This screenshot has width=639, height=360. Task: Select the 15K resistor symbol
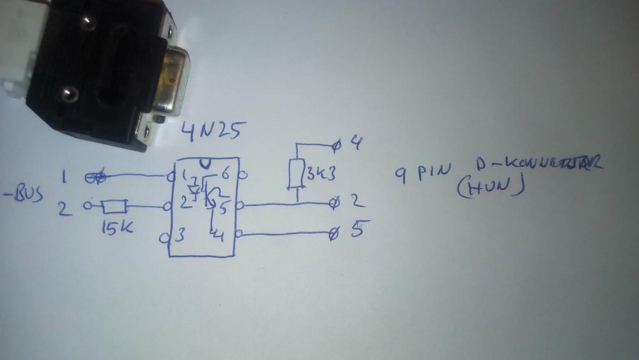(116, 206)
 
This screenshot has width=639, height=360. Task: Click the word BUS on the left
(26, 194)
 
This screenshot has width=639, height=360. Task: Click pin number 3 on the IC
(180, 235)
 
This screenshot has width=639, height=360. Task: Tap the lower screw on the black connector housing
(66, 95)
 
